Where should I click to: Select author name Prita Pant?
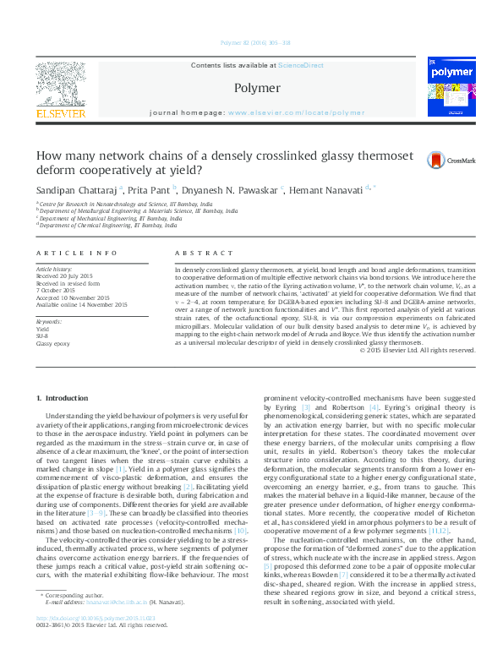click(150, 190)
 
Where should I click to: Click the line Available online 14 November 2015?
click(82, 304)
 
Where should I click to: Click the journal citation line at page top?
click(255, 41)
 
